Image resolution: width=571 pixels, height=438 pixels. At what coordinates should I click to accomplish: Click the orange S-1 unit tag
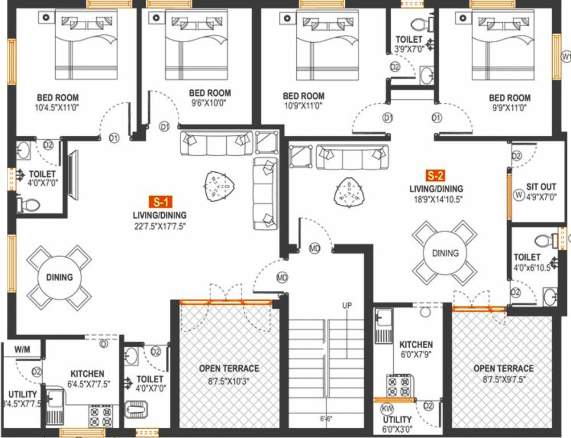pyautogui.click(x=160, y=201)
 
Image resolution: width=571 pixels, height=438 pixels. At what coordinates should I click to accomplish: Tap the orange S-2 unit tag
pyautogui.click(x=436, y=175)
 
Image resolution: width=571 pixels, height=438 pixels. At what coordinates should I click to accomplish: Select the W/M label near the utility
pyautogui.click(x=22, y=348)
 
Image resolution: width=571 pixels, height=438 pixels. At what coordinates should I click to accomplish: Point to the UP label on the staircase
pyautogui.click(x=346, y=305)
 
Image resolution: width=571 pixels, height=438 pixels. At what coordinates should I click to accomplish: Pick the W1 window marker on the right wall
pyautogui.click(x=565, y=56)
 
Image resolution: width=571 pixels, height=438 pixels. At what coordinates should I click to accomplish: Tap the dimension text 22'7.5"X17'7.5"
pyautogui.click(x=160, y=226)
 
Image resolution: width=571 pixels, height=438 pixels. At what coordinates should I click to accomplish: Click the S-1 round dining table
pyautogui.click(x=59, y=278)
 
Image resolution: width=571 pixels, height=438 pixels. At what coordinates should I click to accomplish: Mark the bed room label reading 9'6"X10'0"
pyautogui.click(x=210, y=104)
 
